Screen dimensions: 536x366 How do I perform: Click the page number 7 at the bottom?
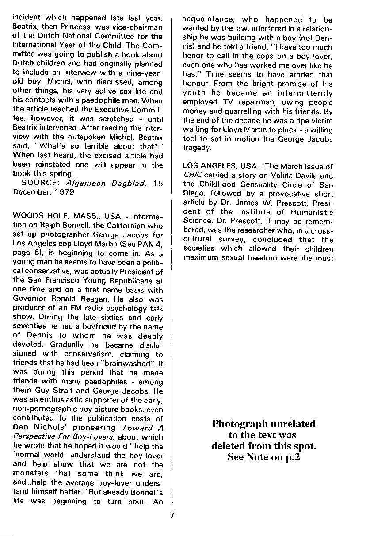click(172, 514)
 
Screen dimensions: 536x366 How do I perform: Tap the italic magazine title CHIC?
click(190, 175)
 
